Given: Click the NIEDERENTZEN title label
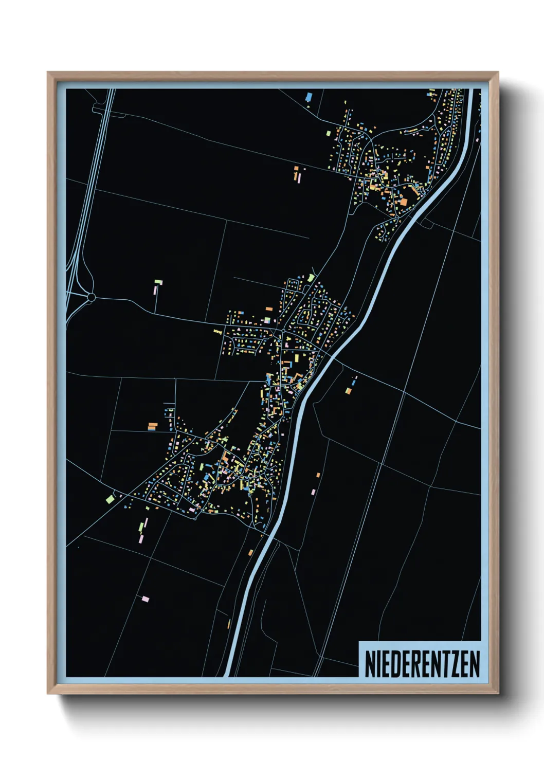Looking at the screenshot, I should [x=422, y=664].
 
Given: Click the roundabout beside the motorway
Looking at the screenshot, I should [x=92, y=297].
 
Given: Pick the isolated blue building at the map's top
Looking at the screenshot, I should [x=309, y=96].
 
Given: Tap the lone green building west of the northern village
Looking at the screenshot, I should [x=329, y=133].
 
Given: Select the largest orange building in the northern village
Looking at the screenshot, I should [x=403, y=202].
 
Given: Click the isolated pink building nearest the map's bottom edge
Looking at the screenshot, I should [x=146, y=599].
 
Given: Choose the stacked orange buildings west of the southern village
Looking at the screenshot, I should [x=152, y=426].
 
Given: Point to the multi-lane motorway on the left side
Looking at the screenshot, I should [x=84, y=206].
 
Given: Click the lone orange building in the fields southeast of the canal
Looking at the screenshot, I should [x=318, y=475].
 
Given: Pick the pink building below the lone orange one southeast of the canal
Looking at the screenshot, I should [x=313, y=492].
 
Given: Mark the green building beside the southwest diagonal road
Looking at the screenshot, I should [x=110, y=498].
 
